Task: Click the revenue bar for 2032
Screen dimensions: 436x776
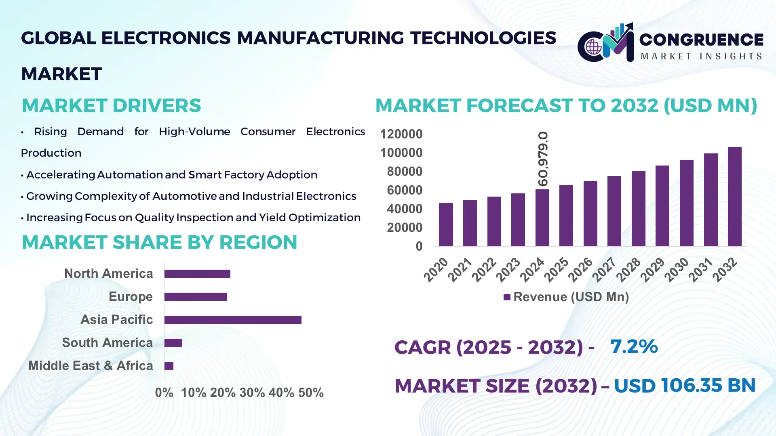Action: (x=734, y=197)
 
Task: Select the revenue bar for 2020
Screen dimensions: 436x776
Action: (x=446, y=224)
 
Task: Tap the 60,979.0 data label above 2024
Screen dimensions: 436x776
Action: (x=543, y=159)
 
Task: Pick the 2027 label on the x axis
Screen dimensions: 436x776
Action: (x=604, y=269)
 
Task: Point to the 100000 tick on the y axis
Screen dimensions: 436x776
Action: (x=401, y=153)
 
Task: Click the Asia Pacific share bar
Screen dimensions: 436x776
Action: (x=233, y=320)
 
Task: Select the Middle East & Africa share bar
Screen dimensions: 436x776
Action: (x=169, y=366)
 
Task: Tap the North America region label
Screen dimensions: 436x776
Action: (x=108, y=274)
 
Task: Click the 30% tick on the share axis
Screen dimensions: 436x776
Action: (x=252, y=392)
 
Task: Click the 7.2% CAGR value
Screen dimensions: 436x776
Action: (x=633, y=346)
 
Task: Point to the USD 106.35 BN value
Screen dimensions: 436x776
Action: (x=684, y=386)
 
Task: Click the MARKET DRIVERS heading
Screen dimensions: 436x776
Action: (x=111, y=106)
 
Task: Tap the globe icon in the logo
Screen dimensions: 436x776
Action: (x=593, y=47)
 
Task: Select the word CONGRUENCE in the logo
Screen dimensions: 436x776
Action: (x=701, y=40)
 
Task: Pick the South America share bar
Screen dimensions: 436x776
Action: (x=173, y=343)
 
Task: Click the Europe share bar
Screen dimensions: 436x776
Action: (x=196, y=297)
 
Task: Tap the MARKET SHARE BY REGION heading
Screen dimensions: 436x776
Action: (x=159, y=243)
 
